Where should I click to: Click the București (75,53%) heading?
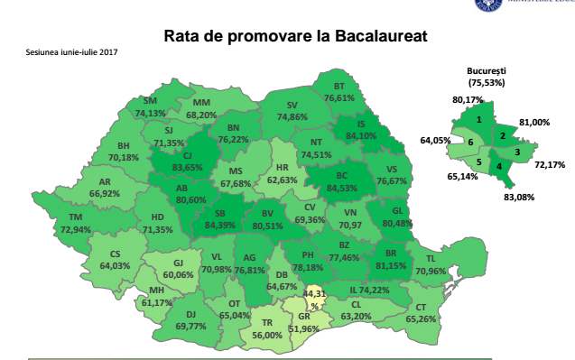485,75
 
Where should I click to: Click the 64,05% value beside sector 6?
435,140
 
